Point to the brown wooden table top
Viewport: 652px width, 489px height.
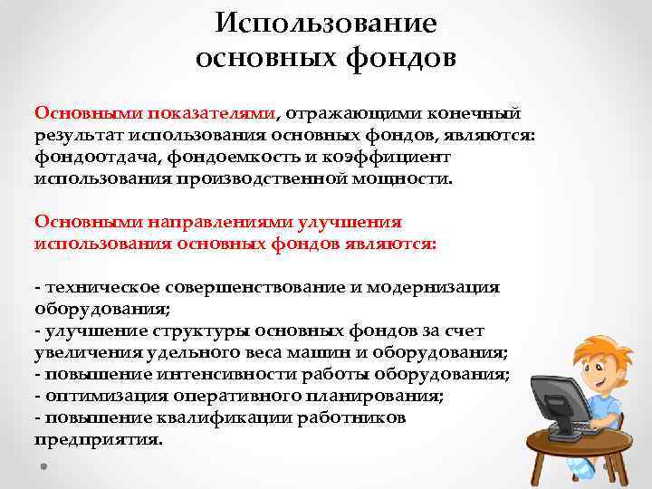point(580,445)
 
